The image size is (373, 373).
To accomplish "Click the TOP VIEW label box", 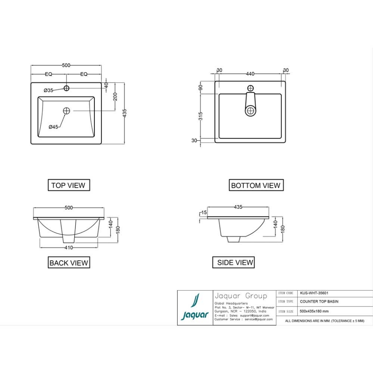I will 68,185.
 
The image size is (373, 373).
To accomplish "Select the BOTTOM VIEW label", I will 256,185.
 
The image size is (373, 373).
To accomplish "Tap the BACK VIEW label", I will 69,263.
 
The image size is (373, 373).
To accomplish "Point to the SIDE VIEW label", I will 235,263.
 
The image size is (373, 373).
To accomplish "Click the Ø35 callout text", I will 48,90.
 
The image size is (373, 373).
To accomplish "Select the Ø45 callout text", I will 53,127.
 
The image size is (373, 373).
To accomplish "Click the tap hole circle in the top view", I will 66,88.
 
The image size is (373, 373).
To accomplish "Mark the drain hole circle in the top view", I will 66,111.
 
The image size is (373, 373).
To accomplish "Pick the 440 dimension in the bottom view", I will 250,74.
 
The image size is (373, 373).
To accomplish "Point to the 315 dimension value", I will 200,116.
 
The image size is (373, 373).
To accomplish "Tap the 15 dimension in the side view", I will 204,213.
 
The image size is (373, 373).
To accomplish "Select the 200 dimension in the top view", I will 115,96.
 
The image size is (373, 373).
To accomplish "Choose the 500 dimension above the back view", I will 69,208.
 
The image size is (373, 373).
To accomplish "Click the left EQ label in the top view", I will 49,74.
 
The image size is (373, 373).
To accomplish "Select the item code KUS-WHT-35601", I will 312,294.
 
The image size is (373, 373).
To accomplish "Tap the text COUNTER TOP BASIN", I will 319,302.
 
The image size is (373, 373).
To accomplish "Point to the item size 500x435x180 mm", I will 314,311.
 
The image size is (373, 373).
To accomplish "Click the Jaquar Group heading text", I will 241,296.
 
